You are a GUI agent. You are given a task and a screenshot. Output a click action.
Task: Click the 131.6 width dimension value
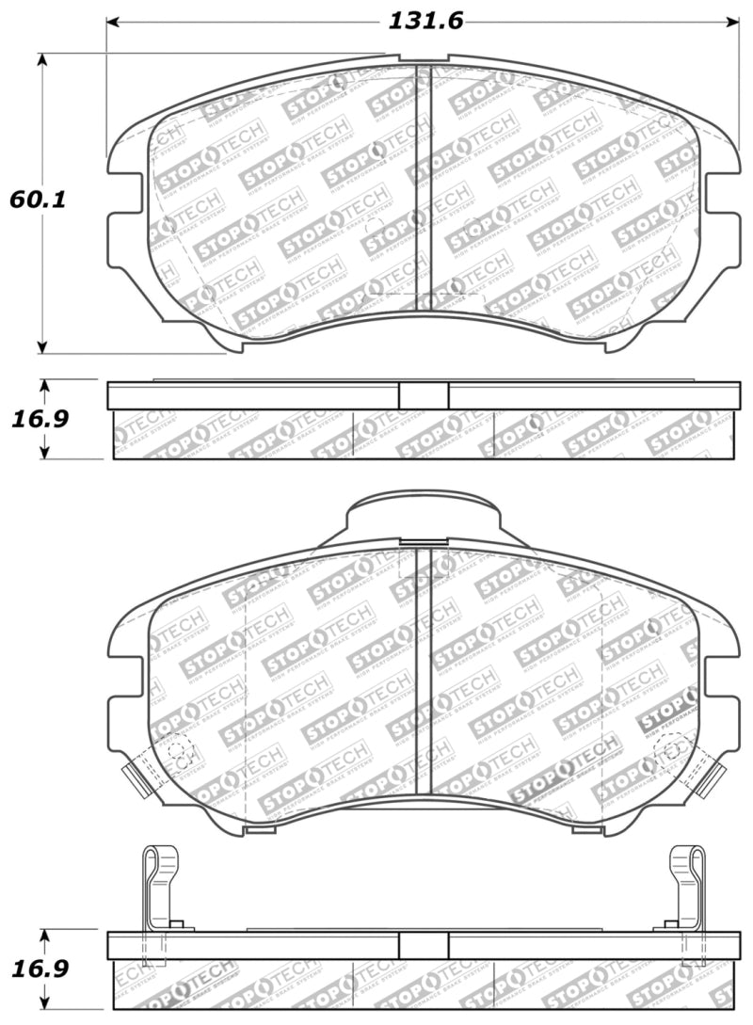click(423, 20)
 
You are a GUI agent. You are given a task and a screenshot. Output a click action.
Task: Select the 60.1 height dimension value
click(30, 200)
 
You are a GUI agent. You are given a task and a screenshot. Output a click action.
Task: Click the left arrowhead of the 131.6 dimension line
click(112, 21)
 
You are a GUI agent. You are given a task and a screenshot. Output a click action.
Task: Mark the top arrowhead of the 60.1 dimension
click(42, 59)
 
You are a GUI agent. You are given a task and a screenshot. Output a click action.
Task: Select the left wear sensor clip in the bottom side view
click(158, 885)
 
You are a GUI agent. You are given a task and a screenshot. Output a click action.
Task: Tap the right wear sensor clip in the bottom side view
click(689, 885)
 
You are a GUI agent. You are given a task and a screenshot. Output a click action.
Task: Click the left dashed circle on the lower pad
click(177, 751)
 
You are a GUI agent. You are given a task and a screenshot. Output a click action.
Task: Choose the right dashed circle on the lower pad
click(673, 751)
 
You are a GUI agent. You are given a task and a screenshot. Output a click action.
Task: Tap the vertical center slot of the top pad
click(423, 188)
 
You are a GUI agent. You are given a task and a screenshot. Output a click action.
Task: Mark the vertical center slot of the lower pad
click(423, 668)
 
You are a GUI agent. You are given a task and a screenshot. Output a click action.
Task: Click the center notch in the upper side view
click(424, 396)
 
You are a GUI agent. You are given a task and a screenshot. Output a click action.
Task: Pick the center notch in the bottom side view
click(424, 946)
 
